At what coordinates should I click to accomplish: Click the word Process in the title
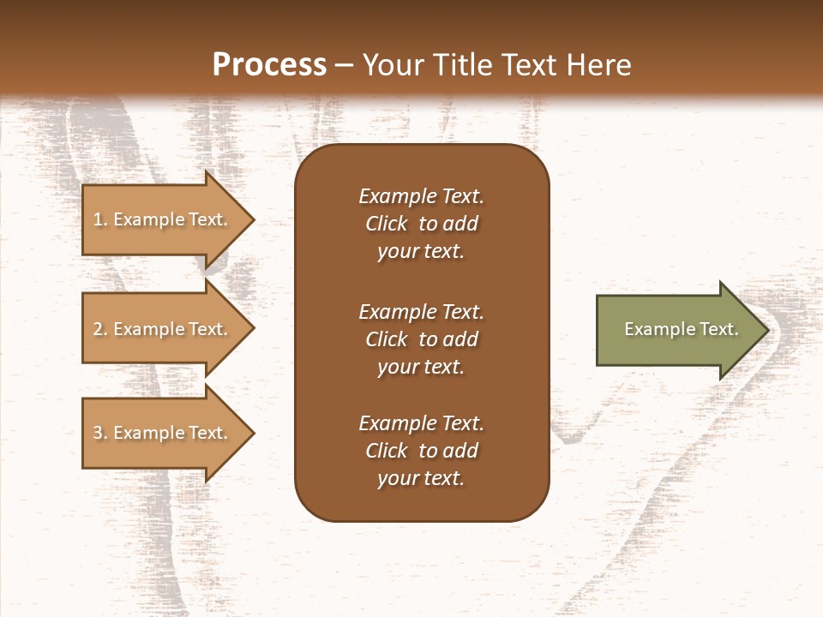click(x=269, y=65)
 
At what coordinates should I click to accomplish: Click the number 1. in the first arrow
click(x=100, y=219)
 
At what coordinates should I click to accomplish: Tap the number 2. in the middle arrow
click(x=100, y=329)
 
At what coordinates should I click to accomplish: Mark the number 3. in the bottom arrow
click(x=100, y=433)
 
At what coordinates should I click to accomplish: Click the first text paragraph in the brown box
click(x=421, y=224)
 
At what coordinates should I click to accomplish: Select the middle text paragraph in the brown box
click(x=421, y=339)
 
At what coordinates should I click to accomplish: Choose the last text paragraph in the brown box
click(x=421, y=451)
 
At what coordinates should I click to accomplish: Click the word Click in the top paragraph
click(x=386, y=224)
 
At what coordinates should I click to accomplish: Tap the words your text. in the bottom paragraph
click(x=421, y=478)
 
